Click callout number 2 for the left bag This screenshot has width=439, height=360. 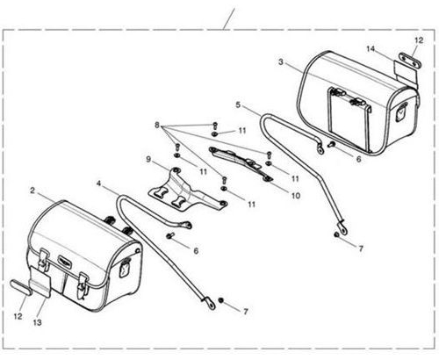tap(32, 191)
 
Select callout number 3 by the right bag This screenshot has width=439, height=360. tap(281, 62)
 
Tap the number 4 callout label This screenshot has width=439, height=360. tap(98, 184)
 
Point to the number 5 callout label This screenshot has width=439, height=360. tap(238, 104)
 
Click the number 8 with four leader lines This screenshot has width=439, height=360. tap(157, 126)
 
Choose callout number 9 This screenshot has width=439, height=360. tap(148, 160)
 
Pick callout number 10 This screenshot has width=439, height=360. tap(296, 195)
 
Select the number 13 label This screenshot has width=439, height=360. tap(37, 322)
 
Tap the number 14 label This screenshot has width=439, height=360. tap(371, 48)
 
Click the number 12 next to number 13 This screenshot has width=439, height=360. tap(18, 316)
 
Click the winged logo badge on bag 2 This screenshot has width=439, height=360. tap(64, 260)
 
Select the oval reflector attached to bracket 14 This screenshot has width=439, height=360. tap(411, 61)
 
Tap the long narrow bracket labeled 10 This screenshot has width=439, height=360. tap(241, 163)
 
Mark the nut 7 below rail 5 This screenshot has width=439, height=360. tap(336, 234)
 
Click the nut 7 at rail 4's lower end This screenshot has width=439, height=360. tap(221, 300)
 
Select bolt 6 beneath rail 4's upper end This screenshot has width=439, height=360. tap(170, 234)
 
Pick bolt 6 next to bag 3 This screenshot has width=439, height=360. tap(332, 144)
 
